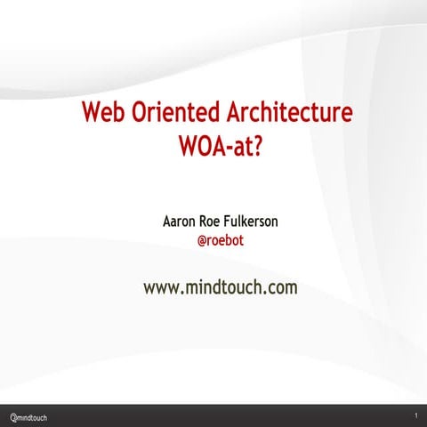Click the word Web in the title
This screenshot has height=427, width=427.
point(102,115)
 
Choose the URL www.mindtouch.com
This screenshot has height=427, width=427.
point(220,287)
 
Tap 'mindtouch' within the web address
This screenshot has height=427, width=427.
point(222,287)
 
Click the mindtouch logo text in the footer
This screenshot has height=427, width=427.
point(33,416)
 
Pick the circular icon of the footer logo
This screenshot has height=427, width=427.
point(12,416)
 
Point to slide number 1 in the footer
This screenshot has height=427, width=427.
point(415,416)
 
